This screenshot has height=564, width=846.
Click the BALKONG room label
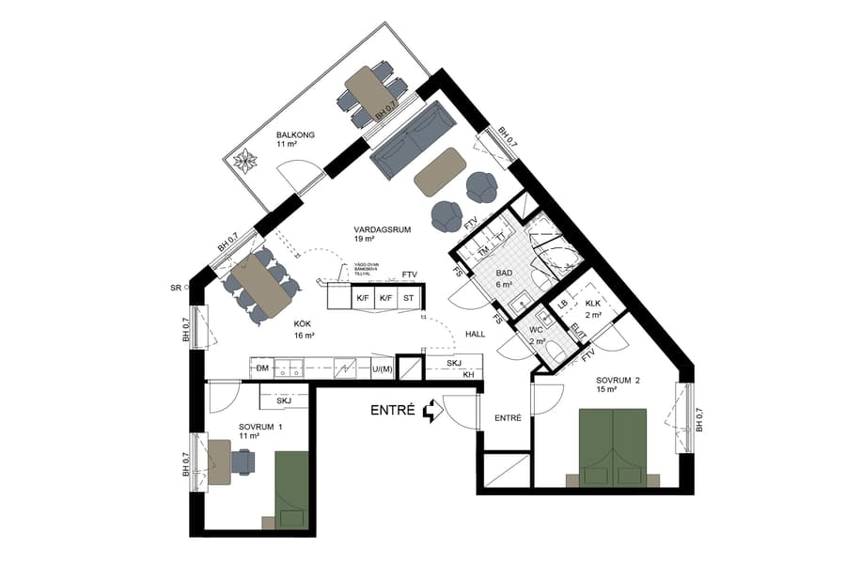tap(295, 135)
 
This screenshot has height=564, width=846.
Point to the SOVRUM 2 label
tap(618, 381)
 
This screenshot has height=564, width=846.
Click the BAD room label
tap(504, 274)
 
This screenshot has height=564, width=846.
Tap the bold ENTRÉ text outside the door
tap(395, 411)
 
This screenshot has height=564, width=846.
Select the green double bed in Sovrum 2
tap(614, 447)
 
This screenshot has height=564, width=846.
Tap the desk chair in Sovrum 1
tap(243, 462)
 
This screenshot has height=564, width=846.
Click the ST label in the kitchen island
tap(408, 299)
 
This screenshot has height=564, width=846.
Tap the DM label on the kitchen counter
tap(262, 368)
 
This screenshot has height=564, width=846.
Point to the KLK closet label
tap(592, 304)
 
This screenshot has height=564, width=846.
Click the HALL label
tap(476, 334)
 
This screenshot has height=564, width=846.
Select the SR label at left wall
tap(175, 287)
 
